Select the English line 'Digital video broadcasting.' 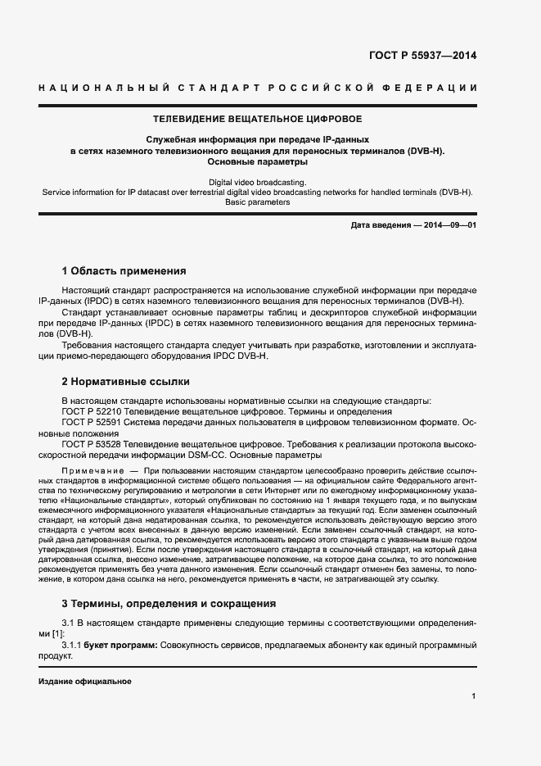pyautogui.click(x=258, y=181)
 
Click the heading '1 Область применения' pyautogui.click(x=124, y=271)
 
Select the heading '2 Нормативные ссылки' pyautogui.click(x=126, y=381)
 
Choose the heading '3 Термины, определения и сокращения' pyautogui.click(x=168, y=604)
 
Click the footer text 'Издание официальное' pyautogui.click(x=85, y=682)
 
